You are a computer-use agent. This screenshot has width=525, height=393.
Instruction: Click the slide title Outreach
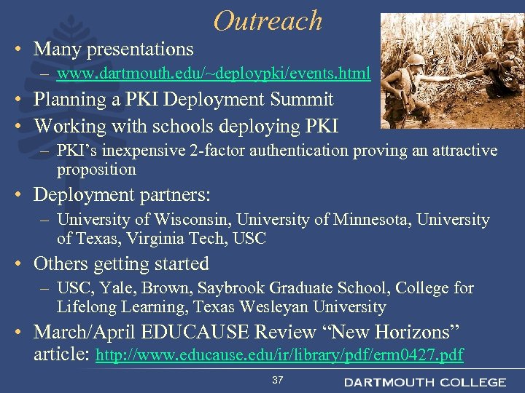268,20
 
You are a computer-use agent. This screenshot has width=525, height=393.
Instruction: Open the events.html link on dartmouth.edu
214,74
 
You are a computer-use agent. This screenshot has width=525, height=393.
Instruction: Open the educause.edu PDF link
280,356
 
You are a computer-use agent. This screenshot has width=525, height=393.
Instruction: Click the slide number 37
277,381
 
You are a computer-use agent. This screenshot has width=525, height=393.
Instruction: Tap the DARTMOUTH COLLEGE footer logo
424,382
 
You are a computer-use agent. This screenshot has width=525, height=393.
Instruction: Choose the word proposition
96,170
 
